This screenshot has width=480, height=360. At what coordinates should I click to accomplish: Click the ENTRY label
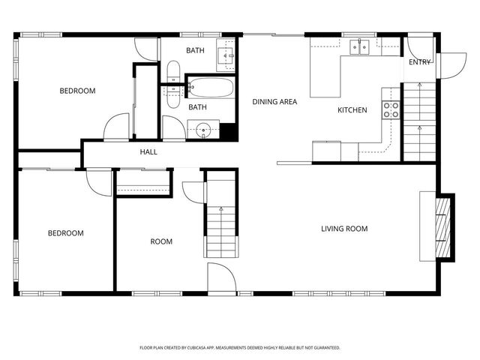tap(420, 62)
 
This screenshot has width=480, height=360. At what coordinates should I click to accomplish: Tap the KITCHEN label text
tap(352, 110)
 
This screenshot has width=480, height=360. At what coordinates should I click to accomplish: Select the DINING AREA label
tap(274, 102)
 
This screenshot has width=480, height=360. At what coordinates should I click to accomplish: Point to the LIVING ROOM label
tap(344, 229)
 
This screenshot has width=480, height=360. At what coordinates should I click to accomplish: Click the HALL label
tap(148, 153)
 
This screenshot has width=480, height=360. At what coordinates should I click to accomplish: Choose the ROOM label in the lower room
tap(161, 241)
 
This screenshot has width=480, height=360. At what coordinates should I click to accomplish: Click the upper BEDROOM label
tap(78, 91)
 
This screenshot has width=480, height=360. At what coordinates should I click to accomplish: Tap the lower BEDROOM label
tap(66, 233)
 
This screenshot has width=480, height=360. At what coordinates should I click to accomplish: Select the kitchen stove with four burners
tap(391, 110)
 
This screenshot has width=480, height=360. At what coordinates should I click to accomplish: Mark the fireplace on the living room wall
tap(445, 226)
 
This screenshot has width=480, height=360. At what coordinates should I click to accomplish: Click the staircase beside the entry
tap(419, 120)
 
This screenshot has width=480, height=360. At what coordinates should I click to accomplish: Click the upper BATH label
tap(195, 51)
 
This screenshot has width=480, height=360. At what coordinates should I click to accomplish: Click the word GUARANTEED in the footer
tap(323, 348)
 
